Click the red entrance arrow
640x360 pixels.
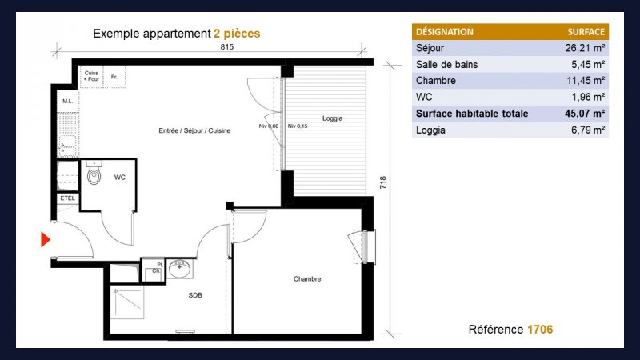click(x=45, y=239)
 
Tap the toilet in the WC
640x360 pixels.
click(x=94, y=172)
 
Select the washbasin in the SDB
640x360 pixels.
click(x=179, y=269)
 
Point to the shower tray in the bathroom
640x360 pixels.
click(x=127, y=302)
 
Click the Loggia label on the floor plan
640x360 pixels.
click(x=332, y=118)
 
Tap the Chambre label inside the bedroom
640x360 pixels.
click(x=307, y=278)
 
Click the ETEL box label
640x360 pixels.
click(x=68, y=198)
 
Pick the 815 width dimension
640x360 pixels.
click(x=227, y=47)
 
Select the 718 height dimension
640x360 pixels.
click(x=383, y=182)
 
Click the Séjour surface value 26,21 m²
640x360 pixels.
click(x=585, y=48)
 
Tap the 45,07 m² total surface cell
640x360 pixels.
click(x=585, y=114)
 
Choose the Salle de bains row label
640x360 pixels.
click(x=446, y=65)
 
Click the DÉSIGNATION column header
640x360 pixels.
click(x=445, y=32)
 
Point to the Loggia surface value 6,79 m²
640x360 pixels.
click(x=588, y=130)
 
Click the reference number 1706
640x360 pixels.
click(x=540, y=330)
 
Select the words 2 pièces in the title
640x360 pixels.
click(x=237, y=34)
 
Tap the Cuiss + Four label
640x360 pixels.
click(x=91, y=76)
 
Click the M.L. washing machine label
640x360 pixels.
click(x=68, y=102)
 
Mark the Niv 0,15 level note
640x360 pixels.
click(x=298, y=126)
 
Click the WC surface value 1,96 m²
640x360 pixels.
click(x=588, y=97)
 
